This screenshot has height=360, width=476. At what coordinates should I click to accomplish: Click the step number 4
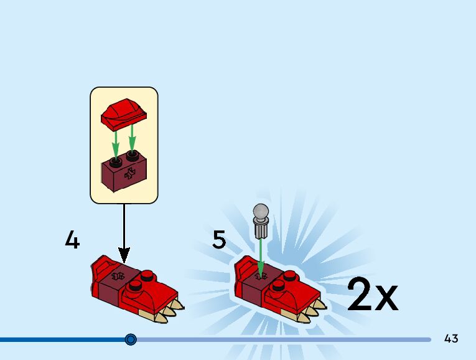[72, 240]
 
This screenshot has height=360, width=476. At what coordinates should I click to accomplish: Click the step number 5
[218, 240]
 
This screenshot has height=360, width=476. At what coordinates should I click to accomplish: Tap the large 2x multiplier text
[371, 295]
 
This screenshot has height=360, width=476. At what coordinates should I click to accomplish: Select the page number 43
[451, 339]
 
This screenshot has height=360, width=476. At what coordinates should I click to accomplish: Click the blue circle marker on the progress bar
[131, 339]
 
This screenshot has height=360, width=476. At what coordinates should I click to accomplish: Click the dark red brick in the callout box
[124, 175]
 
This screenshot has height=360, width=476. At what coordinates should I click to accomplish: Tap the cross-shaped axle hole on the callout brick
[130, 175]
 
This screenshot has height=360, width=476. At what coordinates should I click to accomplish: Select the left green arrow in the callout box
[115, 145]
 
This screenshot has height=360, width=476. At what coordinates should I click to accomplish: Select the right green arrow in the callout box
[132, 139]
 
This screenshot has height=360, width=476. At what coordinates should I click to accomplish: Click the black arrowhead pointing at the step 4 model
[124, 255]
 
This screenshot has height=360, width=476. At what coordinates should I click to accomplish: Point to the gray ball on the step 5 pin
[260, 211]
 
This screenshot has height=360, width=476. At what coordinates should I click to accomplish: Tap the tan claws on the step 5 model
[310, 310]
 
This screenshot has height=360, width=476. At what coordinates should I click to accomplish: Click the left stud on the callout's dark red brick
[115, 161]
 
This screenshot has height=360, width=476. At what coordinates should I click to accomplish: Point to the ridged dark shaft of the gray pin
[261, 230]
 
